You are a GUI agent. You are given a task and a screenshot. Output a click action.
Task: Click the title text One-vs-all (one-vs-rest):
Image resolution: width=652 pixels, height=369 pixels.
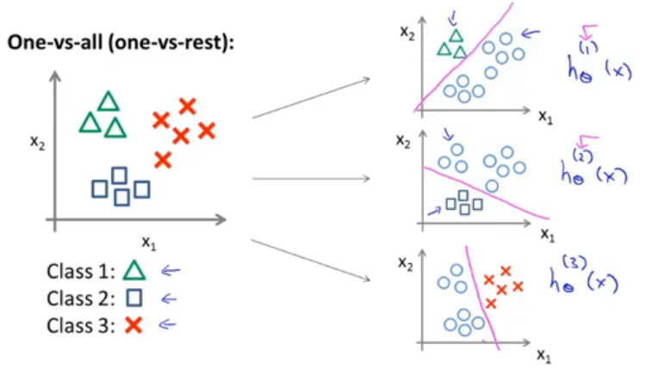(x=120, y=44)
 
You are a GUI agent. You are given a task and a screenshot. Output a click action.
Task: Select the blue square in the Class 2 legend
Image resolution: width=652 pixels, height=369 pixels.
(x=133, y=299)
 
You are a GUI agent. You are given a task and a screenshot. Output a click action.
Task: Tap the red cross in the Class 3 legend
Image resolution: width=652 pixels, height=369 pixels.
(x=133, y=325)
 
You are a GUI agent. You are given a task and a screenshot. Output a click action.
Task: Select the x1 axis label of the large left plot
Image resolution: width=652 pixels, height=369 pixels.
(x=149, y=243)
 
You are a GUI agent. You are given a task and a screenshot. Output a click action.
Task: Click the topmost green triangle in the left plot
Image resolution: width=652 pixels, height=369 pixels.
(x=108, y=101)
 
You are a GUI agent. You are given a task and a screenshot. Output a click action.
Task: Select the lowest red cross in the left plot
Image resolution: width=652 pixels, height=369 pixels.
(x=163, y=159)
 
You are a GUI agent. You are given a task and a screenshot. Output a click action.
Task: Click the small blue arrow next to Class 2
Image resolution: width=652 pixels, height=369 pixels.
(x=169, y=299)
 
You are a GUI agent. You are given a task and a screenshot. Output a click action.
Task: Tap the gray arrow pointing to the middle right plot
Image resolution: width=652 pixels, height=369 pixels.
(x=310, y=179)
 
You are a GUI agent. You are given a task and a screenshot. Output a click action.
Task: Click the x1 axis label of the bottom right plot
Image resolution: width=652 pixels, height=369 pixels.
(x=543, y=354)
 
